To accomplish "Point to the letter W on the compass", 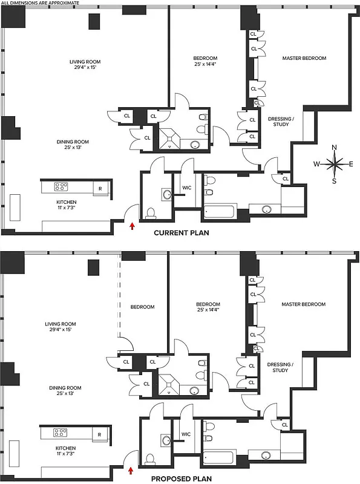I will [x=316, y=163].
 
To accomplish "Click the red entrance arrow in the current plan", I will [x=132, y=226].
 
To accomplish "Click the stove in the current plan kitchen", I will [x=62, y=187].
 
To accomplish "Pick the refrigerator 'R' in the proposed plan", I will [x=100, y=434].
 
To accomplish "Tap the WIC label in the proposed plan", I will [x=186, y=434].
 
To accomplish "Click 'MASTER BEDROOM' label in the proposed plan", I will [x=304, y=304].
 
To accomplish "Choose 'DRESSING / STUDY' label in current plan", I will [x=281, y=121].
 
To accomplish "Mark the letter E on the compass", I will [x=352, y=163].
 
